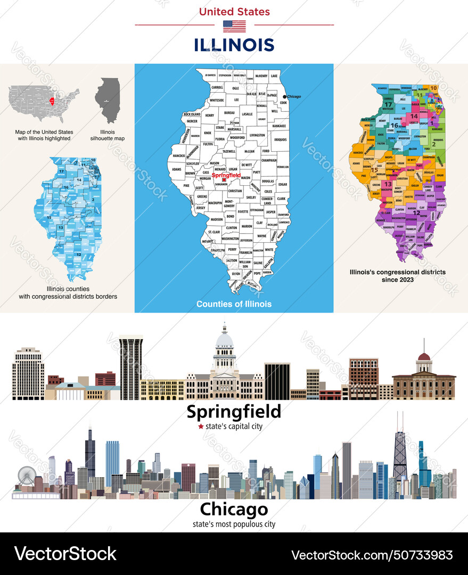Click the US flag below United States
click(x=234, y=26)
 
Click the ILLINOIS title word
click(x=234, y=45)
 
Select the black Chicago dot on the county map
click(x=285, y=96)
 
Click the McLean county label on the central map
click(x=249, y=151)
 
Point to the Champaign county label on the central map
click(x=269, y=160)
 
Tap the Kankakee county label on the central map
click(x=279, y=126)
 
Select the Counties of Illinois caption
click(x=234, y=304)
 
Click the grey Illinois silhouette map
click(x=108, y=100)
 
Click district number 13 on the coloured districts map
click(x=388, y=184)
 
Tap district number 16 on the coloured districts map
click(x=394, y=125)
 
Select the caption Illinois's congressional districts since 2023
click(x=397, y=275)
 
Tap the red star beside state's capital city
click(x=201, y=426)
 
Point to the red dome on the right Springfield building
click(x=424, y=357)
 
